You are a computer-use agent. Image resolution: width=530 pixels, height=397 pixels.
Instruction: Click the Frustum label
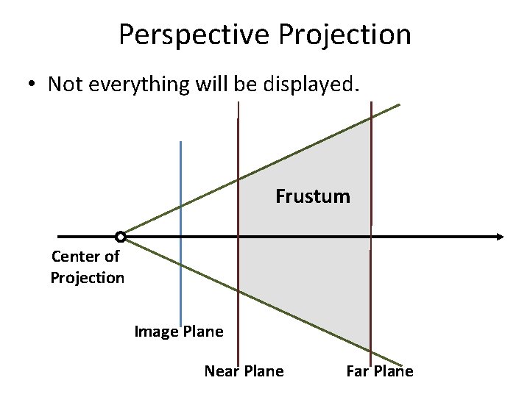point(313,196)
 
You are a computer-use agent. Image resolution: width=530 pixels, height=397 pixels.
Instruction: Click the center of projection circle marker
point(120,237)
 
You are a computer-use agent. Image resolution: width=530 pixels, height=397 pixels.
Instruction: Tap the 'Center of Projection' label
point(87,267)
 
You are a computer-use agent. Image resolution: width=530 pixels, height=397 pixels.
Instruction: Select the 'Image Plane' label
point(178,332)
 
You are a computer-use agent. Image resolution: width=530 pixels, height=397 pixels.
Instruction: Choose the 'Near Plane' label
point(244,371)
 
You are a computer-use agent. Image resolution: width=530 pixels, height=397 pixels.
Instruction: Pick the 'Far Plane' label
point(379,371)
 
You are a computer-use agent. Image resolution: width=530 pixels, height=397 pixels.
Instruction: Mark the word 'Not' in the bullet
point(63,85)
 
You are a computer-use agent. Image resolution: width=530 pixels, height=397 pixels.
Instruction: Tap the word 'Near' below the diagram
point(222,371)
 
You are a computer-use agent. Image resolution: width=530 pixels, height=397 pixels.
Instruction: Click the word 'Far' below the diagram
point(358,371)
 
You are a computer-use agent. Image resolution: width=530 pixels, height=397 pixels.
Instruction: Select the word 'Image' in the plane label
point(156,332)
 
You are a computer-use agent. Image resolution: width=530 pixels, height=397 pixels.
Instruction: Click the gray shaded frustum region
point(309,272)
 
